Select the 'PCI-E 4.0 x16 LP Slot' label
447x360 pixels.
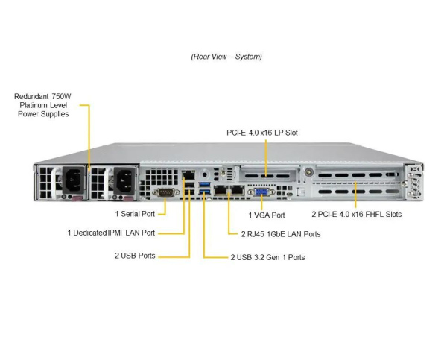pyautogui.click(x=262, y=133)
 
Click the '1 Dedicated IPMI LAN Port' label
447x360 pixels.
pyautogui.click(x=111, y=233)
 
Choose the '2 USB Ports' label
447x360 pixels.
pyautogui.click(x=135, y=256)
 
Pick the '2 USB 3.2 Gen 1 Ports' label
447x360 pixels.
pyautogui.click(x=267, y=257)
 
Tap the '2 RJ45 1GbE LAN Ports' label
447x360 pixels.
pyautogui.click(x=275, y=233)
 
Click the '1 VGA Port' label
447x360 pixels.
pyautogui.click(x=267, y=215)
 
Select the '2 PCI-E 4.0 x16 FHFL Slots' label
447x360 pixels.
pyautogui.click(x=356, y=215)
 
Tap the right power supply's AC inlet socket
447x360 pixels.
pyautogui.click(x=123, y=180)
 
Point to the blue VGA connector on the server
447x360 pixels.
pyautogui.click(x=262, y=193)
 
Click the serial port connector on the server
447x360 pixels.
pyautogui.click(x=165, y=192)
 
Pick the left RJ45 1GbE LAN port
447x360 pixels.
pyautogui.click(x=221, y=190)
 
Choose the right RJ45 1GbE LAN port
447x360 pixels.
pyautogui.click(x=237, y=190)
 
